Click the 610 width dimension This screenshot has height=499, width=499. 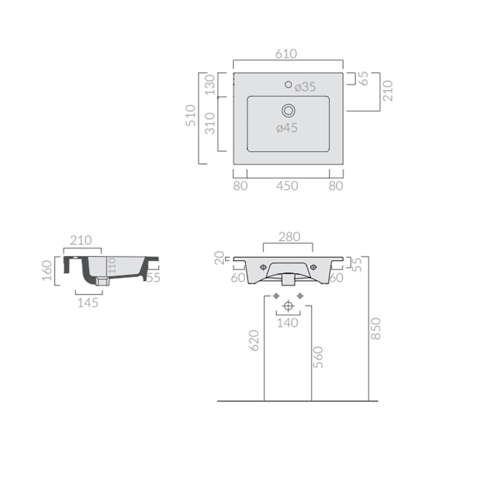coord(286,54)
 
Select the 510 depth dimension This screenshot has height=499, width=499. coord(191,115)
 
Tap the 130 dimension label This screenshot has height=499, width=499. coord(210,85)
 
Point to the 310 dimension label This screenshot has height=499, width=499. coord(210,124)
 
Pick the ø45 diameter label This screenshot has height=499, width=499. coord(287,128)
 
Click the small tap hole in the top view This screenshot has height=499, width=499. coord(288,85)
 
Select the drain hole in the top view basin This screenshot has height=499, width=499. coord(288,111)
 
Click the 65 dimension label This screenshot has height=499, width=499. coord(364,78)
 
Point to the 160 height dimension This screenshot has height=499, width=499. coord(47,270)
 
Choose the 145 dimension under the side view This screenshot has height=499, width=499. coord(88,303)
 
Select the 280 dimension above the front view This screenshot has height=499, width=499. coord(289,237)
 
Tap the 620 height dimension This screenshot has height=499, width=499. coord(254,340)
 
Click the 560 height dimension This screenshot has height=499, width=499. coord(318,357)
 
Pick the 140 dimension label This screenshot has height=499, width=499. coord(288,323)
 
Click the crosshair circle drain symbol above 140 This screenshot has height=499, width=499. coord(288,306)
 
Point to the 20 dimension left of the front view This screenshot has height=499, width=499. coord(220,258)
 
